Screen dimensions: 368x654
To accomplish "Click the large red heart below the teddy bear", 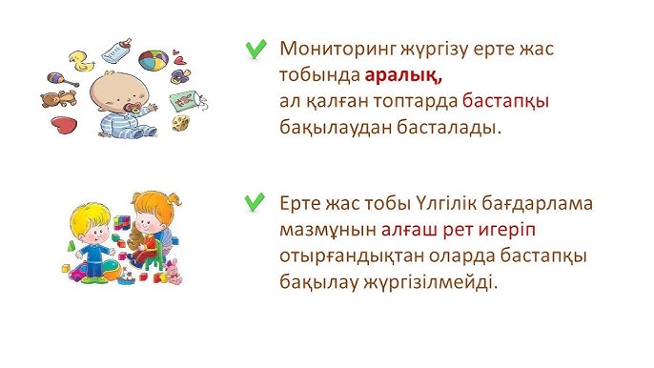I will pyautogui.click(x=63, y=125).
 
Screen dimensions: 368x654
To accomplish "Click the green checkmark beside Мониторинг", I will pyautogui.click(x=255, y=49).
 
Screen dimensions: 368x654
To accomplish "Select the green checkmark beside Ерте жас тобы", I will pyautogui.click(x=255, y=201).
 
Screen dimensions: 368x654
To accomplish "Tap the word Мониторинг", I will pyautogui.click(x=337, y=49).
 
